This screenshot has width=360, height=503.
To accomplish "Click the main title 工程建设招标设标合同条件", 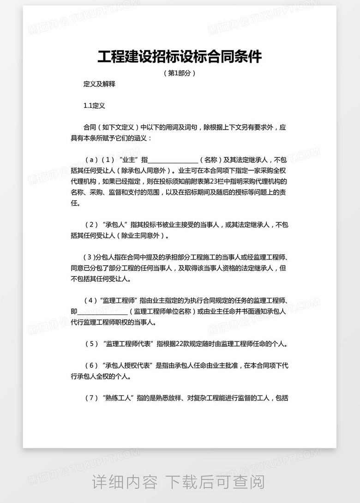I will click(180, 57).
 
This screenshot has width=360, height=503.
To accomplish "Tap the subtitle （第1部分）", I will click(180, 73).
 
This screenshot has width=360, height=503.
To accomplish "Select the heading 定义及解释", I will click(99, 84).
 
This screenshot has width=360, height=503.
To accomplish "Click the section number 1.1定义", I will click(95, 106).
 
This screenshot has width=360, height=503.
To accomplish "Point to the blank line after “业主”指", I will click(173, 160).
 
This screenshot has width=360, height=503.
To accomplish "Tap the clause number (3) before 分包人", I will click(88, 257).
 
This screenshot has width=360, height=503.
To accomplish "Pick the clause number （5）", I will click(93, 344).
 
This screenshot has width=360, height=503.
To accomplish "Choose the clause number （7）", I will click(93, 398).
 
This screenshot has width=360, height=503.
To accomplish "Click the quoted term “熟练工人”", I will click(119, 398).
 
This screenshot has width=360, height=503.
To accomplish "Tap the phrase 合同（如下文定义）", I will click(109, 127).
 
